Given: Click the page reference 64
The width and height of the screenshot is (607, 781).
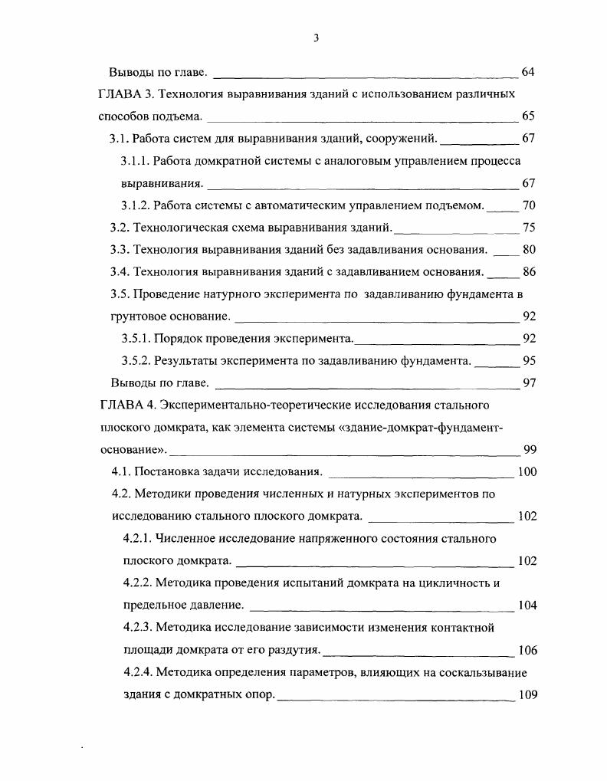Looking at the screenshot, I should click(527, 72).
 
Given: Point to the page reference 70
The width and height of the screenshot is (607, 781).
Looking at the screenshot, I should click(528, 205).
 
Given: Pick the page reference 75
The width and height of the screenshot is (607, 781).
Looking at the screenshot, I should click(528, 228).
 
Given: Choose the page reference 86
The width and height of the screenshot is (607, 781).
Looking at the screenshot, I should click(528, 272).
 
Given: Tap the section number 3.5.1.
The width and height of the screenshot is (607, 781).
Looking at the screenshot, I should click(136, 339).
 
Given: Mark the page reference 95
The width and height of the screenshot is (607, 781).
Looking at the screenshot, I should click(528, 361).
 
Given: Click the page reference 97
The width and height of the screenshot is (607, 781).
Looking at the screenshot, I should click(528, 383).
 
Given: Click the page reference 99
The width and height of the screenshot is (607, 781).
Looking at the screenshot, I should click(530, 450).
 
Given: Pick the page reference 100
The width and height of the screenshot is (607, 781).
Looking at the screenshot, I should click(527, 472).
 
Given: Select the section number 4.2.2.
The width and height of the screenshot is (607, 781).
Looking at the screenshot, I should click(138, 583).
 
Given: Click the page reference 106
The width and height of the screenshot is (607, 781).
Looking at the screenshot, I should click(527, 651).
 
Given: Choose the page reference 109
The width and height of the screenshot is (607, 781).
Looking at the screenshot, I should click(527, 695).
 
